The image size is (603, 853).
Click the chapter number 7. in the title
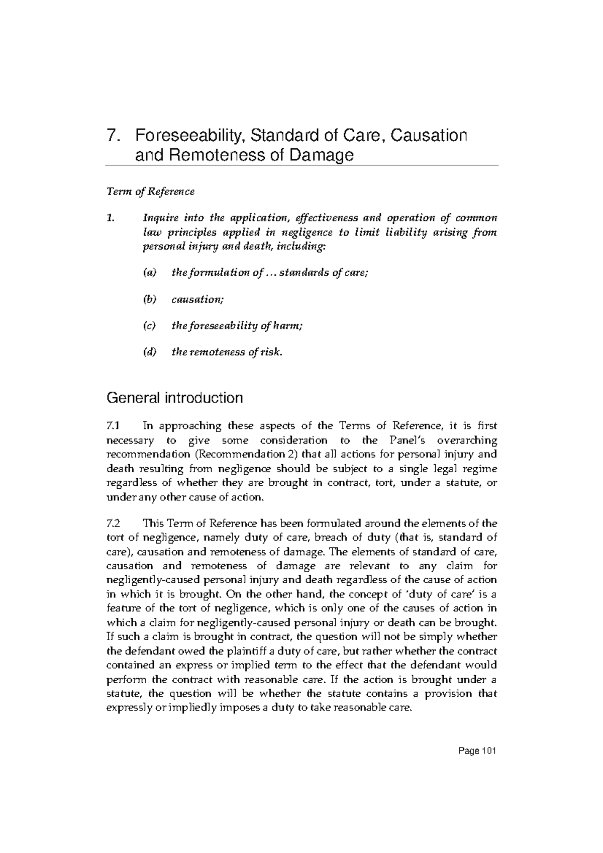coord(113,136)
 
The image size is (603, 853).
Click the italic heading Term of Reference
coord(150,191)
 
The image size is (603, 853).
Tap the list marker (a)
coord(150,273)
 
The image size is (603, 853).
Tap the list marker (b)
coord(150,299)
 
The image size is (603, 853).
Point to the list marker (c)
coord(150,326)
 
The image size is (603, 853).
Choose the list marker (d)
coord(150,352)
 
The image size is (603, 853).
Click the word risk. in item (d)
coord(272,352)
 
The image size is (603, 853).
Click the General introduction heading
coord(174,398)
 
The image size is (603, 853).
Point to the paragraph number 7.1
coord(114,426)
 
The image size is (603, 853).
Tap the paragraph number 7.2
coord(114,523)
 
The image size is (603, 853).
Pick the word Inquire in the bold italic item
coord(160,218)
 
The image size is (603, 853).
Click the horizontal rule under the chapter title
coord(301,165)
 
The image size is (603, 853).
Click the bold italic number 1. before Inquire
coord(110,218)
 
